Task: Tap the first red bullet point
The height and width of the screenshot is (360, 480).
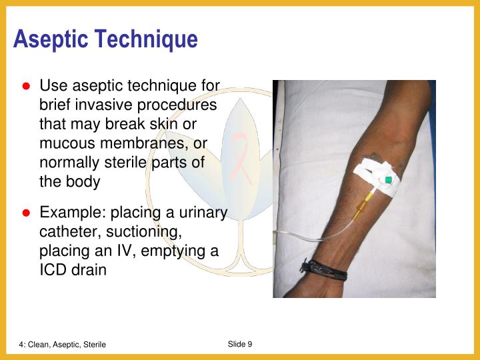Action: [x=27, y=87]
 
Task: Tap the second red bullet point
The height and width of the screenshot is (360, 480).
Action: [x=27, y=213]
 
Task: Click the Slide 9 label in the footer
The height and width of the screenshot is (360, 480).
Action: [x=240, y=344]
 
